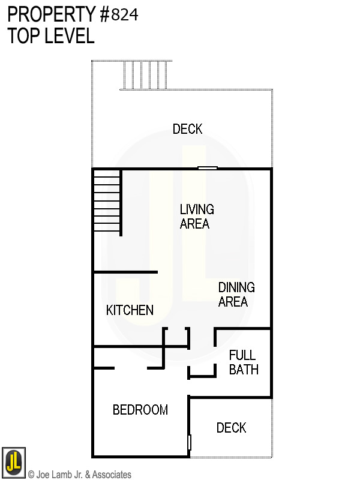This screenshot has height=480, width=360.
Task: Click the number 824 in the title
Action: [125, 15]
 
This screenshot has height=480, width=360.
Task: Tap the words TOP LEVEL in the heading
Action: [51, 36]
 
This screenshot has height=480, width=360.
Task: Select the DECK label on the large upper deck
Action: [187, 129]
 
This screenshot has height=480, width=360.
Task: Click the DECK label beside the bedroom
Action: [231, 428]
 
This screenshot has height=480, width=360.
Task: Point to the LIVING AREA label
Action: [196, 217]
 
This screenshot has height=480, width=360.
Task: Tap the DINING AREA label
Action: [236, 295]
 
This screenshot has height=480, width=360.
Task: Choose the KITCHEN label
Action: [130, 310]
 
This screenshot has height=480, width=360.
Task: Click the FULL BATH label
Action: [243, 362]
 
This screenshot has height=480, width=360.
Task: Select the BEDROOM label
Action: [140, 410]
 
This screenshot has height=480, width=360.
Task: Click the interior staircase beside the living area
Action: [107, 202]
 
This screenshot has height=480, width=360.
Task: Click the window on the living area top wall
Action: [208, 169]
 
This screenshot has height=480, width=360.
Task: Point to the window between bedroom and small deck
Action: [189, 443]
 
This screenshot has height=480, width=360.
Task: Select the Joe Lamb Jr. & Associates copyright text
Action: [80, 475]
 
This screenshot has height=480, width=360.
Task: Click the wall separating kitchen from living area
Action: [125, 272]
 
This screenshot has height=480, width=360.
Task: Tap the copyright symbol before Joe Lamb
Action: [32, 475]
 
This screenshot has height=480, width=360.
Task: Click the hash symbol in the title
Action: [104, 15]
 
